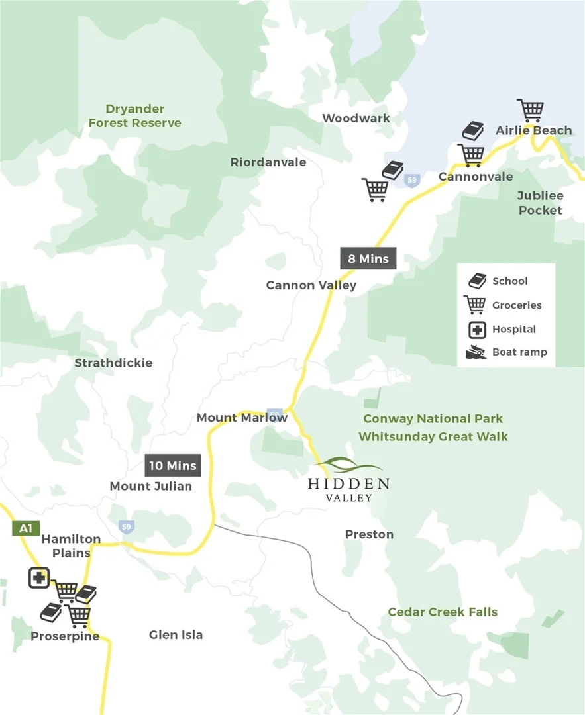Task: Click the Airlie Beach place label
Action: click(x=533, y=130)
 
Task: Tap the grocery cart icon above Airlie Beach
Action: click(x=530, y=110)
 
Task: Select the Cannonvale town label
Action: click(x=476, y=177)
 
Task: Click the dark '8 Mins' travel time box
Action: click(x=368, y=258)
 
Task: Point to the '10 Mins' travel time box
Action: click(x=172, y=465)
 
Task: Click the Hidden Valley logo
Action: click(x=348, y=480)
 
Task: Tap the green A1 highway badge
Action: click(x=25, y=528)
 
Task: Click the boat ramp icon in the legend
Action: click(x=476, y=352)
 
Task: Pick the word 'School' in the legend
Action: click(x=509, y=281)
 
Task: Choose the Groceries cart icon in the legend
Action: click(x=475, y=305)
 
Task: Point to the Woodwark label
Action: click(x=356, y=118)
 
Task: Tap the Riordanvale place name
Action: click(x=268, y=162)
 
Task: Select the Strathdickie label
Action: click(x=113, y=363)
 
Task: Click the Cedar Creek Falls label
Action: click(x=443, y=612)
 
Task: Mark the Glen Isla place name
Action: click(x=176, y=635)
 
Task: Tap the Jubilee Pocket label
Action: click(x=540, y=203)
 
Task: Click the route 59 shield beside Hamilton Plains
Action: click(x=127, y=527)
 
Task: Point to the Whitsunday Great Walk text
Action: click(x=433, y=436)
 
